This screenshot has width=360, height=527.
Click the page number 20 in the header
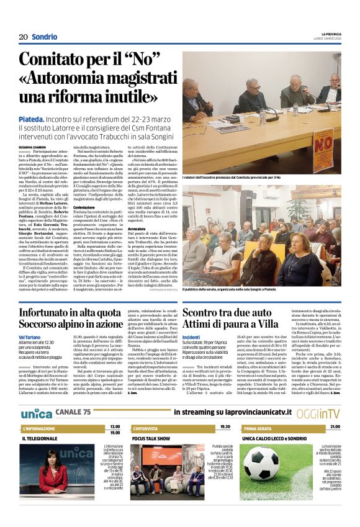pyautogui.click(x=23, y=37)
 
